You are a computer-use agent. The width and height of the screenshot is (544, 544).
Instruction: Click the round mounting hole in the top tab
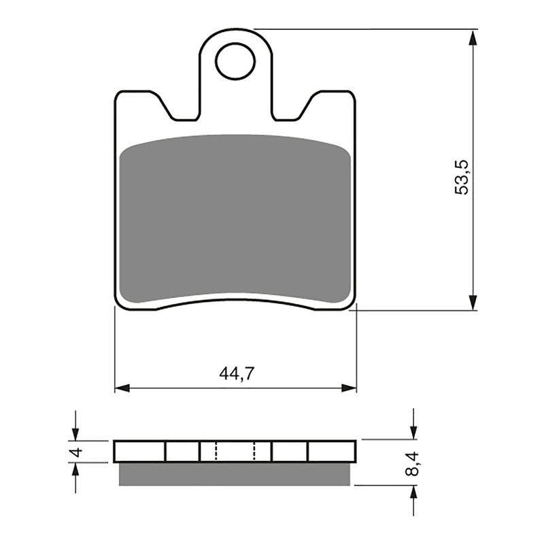pyautogui.click(x=235, y=61)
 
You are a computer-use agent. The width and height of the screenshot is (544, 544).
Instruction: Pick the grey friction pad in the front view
pyautogui.click(x=235, y=218)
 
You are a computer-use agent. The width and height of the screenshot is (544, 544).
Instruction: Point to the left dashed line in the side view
pyautogui.click(x=216, y=452)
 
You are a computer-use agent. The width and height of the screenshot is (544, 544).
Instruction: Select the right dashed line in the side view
pyautogui.click(x=254, y=452)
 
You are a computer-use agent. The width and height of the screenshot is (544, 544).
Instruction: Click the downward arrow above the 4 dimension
pyautogui.click(x=75, y=432)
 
